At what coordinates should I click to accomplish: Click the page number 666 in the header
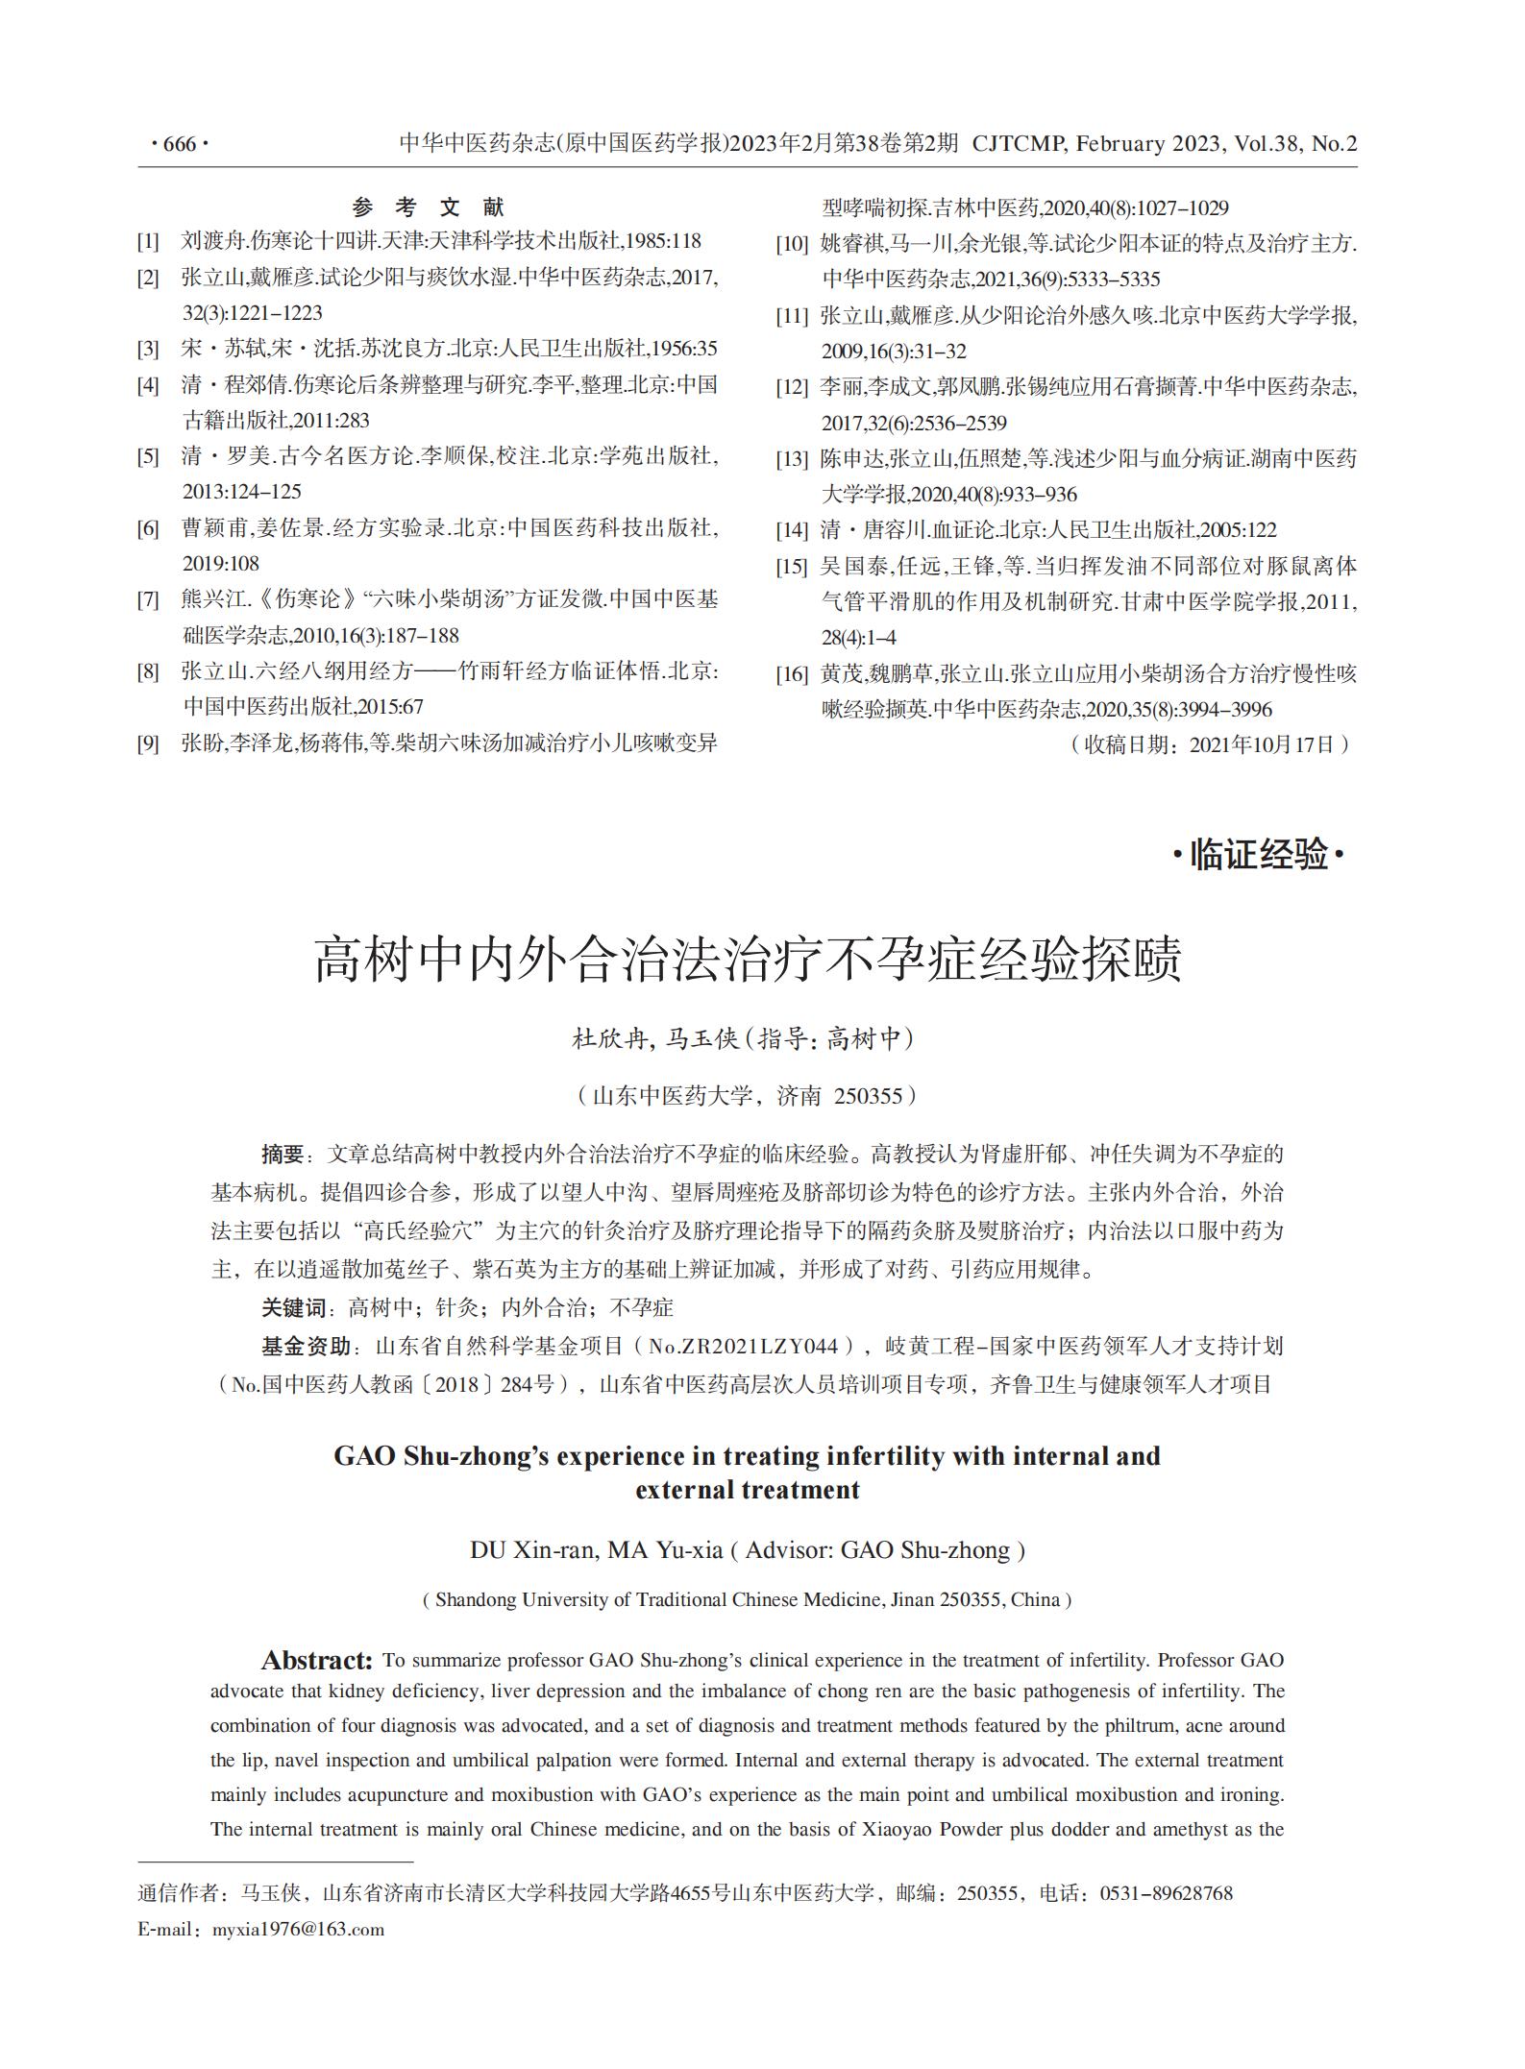[x=180, y=144]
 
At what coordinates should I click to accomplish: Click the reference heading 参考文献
[x=428, y=207]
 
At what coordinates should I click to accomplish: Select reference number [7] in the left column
[x=148, y=600]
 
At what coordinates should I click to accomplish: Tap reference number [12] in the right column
[x=792, y=388]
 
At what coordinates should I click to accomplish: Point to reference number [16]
[x=792, y=674]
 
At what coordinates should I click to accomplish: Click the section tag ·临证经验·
[x=1258, y=854]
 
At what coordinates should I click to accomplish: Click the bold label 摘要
[x=283, y=1155]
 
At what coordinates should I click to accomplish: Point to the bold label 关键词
[x=294, y=1308]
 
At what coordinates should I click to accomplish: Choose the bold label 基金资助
[x=306, y=1347]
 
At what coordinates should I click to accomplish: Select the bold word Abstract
[x=316, y=1661]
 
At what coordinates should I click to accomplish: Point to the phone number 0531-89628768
[x=1166, y=1893]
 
